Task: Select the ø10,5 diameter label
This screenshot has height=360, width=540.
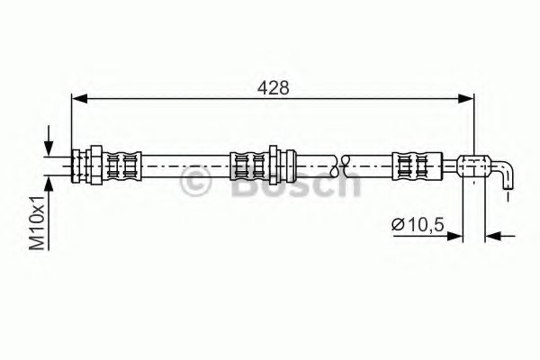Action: tap(418, 224)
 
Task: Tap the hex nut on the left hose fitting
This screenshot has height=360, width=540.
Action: tap(91, 165)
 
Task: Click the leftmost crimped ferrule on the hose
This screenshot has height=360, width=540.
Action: tap(121, 165)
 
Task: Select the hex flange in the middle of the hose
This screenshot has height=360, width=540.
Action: tap(274, 165)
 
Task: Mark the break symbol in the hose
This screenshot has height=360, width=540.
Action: tap(341, 165)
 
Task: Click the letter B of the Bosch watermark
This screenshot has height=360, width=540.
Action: tap(236, 184)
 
